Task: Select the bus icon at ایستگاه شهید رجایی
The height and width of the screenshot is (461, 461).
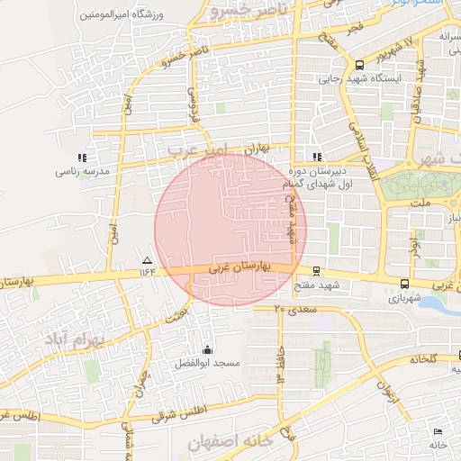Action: (360, 65)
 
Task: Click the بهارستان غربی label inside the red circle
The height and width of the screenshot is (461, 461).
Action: (240, 267)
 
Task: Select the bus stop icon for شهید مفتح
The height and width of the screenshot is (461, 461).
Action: (316, 271)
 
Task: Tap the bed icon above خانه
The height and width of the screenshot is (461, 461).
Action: (438, 433)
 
